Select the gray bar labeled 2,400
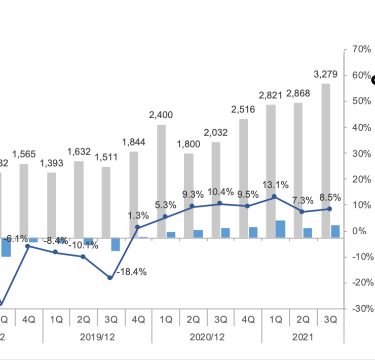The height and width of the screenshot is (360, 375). point(162,181)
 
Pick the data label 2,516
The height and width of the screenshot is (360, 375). point(243,109)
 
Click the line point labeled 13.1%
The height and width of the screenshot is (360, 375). point(274,197)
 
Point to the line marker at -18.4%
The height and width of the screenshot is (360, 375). point(110,277)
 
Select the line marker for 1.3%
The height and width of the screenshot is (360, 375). point(137,228)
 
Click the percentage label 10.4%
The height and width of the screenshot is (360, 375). point(220,192)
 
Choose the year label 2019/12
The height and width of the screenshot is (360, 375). point(97,337)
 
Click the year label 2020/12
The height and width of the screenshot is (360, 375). point(207,337)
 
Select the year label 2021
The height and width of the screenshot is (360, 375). point(303,337)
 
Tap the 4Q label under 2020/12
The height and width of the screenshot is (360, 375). point(247,320)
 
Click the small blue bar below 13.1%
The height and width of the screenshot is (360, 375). point(280,229)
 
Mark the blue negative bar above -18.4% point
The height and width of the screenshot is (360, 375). point(116,244)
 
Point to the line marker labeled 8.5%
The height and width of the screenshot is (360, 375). point(329,209)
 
